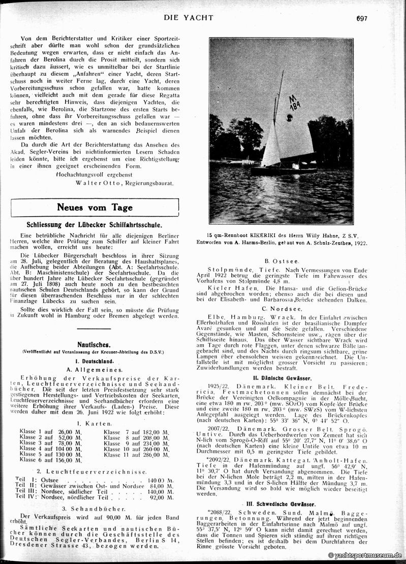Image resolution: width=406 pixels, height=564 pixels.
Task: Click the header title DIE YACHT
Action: click(189, 18)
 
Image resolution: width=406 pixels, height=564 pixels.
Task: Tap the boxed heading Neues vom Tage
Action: click(95, 207)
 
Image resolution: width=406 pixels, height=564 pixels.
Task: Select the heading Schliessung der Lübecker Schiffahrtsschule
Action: click(95, 224)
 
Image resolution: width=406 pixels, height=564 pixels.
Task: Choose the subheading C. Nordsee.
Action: click(280, 309)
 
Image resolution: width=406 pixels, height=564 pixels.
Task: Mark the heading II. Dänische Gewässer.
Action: click(282, 378)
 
